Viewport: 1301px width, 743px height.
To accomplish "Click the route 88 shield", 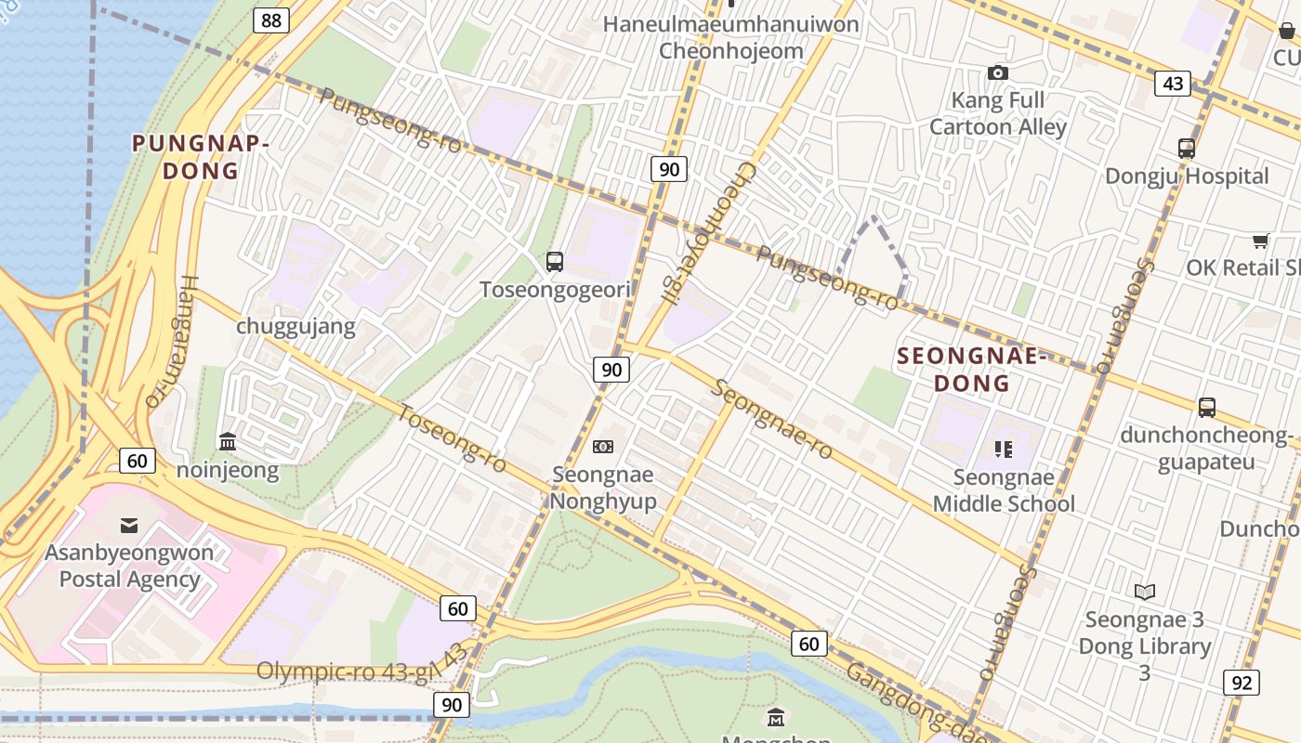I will click(x=270, y=20).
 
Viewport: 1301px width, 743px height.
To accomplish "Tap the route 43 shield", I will click(x=1173, y=84).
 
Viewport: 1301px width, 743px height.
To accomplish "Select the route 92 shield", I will click(x=1242, y=683).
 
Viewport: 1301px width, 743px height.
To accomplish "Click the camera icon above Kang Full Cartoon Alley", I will click(x=998, y=72).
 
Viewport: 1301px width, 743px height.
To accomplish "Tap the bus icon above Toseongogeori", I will click(x=555, y=262).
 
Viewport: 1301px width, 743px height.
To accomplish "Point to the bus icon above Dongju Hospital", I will click(x=1187, y=149).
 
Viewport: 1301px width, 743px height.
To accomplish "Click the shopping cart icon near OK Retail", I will click(x=1260, y=241).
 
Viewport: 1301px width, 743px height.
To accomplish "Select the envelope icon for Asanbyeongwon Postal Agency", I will click(x=129, y=526).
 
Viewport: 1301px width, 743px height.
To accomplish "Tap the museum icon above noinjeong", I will click(x=228, y=442).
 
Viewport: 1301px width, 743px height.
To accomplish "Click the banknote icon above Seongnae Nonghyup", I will click(x=603, y=447).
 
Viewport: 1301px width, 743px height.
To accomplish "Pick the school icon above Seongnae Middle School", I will click(x=1004, y=450).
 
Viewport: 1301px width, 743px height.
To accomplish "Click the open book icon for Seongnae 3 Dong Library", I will click(x=1145, y=592).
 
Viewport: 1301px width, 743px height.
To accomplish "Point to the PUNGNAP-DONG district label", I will click(x=201, y=157).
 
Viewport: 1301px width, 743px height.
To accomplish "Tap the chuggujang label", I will click(x=296, y=326).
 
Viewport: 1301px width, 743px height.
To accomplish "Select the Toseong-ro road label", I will click(x=452, y=437).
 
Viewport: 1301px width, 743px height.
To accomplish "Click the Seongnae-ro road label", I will click(x=772, y=418).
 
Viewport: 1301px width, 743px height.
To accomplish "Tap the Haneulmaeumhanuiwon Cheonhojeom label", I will click(x=731, y=37).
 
